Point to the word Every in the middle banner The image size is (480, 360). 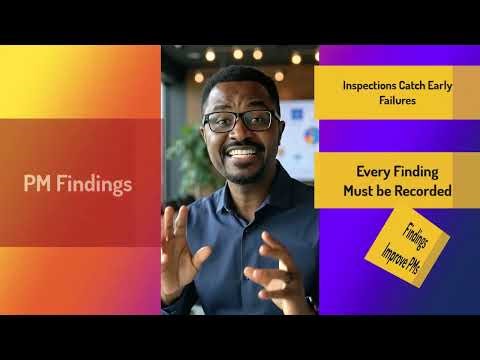(366, 171)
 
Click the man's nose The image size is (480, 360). (244, 134)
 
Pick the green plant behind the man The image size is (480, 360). (190, 150)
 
